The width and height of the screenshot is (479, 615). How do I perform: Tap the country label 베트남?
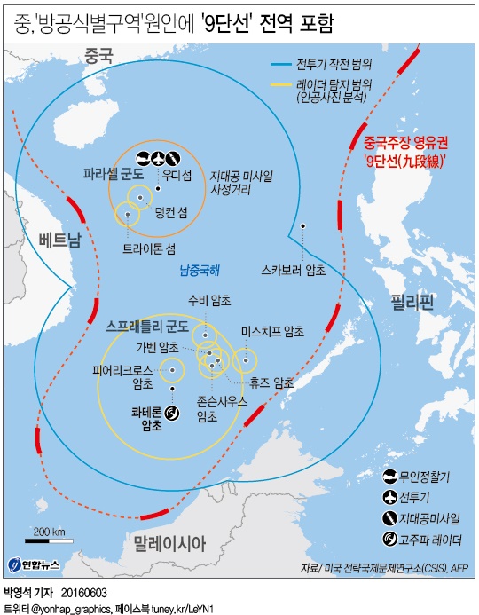(60, 238)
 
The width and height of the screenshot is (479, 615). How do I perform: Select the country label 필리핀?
(412, 303)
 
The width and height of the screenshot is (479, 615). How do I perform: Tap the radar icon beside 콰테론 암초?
(172, 413)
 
